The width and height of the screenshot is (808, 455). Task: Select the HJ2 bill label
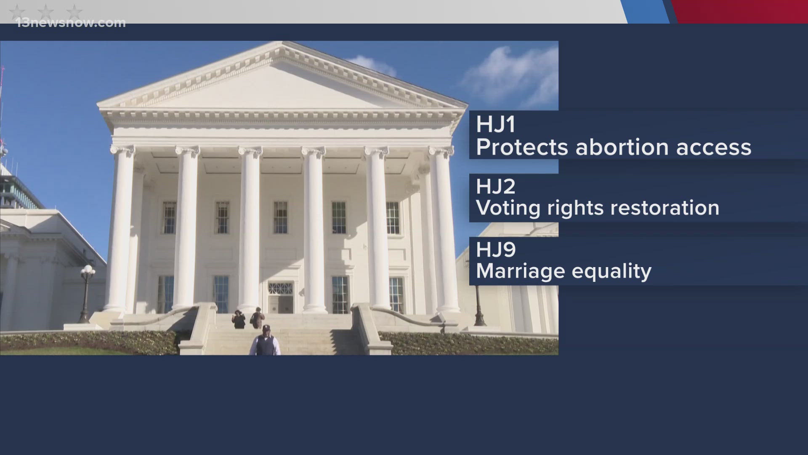[495, 187]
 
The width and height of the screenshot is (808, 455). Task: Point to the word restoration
[659, 208]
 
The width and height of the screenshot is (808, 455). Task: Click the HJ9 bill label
[495, 249]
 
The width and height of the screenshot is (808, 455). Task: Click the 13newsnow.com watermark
[71, 23]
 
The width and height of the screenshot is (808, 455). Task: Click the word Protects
[522, 147]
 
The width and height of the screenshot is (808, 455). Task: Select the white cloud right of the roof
[511, 76]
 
